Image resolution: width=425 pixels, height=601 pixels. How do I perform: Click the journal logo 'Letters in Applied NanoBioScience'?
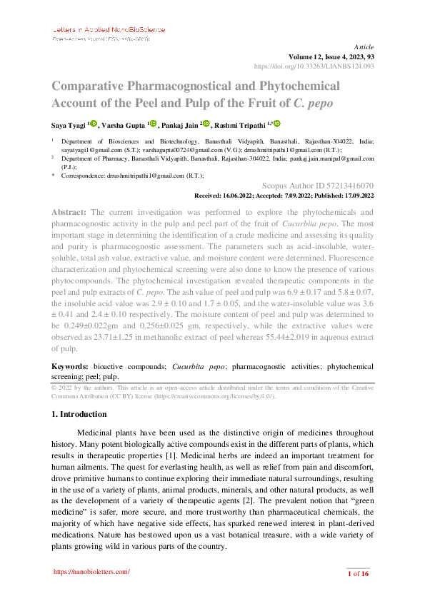tap(109, 30)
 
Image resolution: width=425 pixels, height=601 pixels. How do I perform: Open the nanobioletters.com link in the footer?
tap(92, 572)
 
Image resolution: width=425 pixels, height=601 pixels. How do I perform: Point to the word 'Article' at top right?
tap(364, 46)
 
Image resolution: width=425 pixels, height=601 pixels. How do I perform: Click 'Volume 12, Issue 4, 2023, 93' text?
tap(331, 56)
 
